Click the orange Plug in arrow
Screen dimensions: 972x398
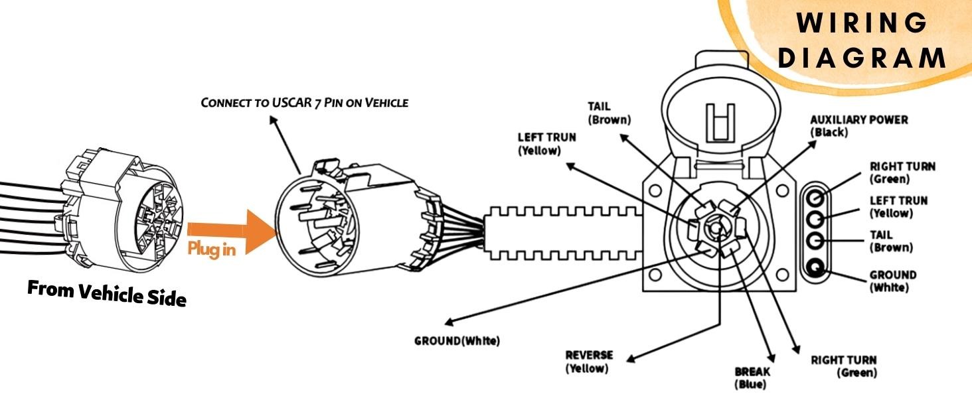[x=232, y=232]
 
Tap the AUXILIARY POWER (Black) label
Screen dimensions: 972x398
[x=858, y=126]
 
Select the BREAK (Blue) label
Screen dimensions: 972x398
[x=752, y=377]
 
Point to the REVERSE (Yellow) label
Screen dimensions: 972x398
[x=589, y=362]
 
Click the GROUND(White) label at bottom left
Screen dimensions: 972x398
[x=457, y=341]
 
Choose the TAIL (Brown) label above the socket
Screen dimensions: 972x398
[x=609, y=113]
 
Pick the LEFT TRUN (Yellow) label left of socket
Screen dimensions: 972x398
[x=547, y=144]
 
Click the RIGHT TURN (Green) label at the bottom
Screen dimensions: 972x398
[x=844, y=366]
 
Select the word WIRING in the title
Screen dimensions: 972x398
[x=862, y=23]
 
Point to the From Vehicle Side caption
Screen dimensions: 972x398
[x=107, y=293]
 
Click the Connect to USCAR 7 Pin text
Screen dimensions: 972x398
[x=305, y=103]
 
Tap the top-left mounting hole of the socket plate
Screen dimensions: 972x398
[x=655, y=190]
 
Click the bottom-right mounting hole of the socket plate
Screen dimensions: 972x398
[x=782, y=275]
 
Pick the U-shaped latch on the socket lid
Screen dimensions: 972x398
[x=720, y=123]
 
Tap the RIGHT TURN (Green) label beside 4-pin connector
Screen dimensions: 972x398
[x=902, y=172]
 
